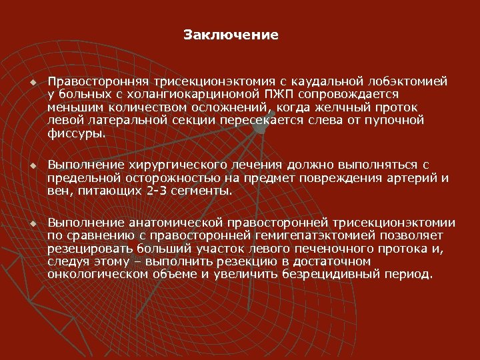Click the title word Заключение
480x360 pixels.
(x=231, y=34)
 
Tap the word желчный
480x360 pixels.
(x=343, y=107)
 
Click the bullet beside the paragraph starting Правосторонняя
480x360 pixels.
(x=31, y=82)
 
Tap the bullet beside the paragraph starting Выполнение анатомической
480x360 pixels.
(x=31, y=222)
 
